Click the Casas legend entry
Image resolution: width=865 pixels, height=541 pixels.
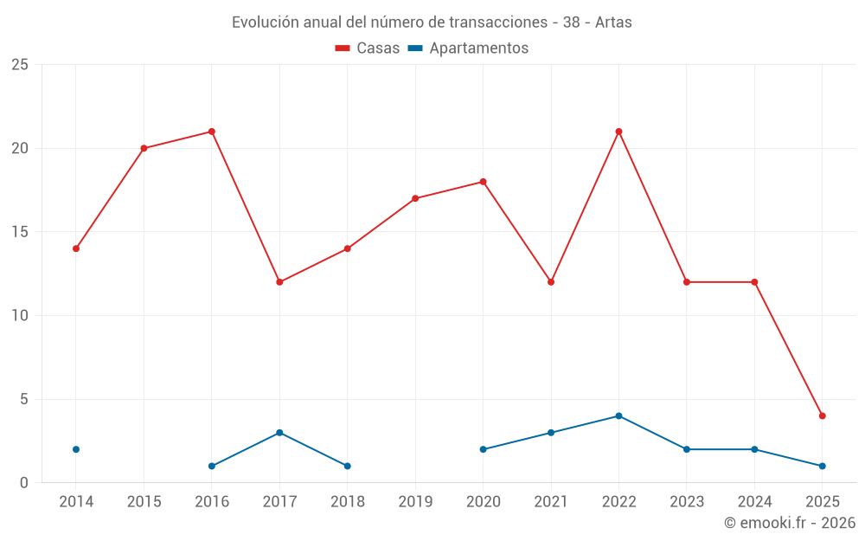tap(368, 48)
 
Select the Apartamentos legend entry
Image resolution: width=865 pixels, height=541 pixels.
tap(468, 48)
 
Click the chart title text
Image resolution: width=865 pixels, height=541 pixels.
tap(432, 23)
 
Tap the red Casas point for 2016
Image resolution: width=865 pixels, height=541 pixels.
tap(212, 132)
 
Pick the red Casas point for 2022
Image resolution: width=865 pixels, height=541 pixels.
tap(618, 132)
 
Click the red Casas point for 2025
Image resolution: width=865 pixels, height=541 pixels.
tap(822, 415)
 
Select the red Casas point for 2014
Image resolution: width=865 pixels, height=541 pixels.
tap(76, 248)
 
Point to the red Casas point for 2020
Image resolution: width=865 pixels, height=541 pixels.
tap(483, 182)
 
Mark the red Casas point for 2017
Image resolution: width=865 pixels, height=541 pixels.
tap(279, 282)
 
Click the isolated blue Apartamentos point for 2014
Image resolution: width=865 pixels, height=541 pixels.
tap(76, 449)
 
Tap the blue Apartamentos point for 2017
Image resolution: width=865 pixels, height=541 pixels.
tap(279, 433)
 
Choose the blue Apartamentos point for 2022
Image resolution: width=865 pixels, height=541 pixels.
tap(618, 415)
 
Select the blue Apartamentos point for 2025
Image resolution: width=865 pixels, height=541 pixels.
tap(822, 466)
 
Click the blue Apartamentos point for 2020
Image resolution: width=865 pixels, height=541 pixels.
tap(483, 449)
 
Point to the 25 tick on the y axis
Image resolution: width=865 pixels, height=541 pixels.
tap(19, 65)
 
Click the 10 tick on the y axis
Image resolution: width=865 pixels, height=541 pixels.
tap(19, 316)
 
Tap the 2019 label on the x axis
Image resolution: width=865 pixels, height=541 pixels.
tap(415, 502)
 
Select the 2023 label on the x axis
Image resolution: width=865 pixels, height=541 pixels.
tap(686, 502)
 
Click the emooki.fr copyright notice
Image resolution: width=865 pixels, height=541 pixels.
tap(789, 523)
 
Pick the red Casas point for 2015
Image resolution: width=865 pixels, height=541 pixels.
tap(144, 148)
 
